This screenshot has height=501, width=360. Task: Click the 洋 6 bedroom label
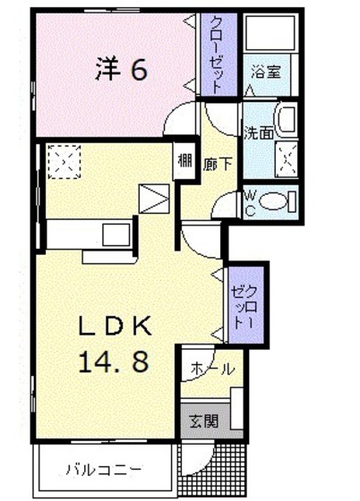pos(122,70)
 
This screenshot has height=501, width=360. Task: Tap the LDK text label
pos(116,326)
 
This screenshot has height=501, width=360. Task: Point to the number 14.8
pos(114,361)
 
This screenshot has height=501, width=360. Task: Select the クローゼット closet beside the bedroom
pos(219,55)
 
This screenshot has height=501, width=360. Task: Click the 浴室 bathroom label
pos(266,72)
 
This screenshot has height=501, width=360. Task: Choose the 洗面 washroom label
pos(258,133)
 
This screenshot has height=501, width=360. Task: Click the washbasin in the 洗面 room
pos(286,121)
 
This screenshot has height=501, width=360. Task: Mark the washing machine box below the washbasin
pos(287,158)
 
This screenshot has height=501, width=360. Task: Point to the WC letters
pos(250,202)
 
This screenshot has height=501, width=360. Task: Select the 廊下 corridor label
pos(218,164)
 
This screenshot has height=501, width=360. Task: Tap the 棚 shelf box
pos(184,161)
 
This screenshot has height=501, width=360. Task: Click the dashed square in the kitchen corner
pos(64,162)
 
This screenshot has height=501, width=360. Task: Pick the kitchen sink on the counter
pos(116,234)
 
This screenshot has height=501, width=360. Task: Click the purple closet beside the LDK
pos(246,305)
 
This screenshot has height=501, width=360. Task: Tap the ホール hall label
pos(212,369)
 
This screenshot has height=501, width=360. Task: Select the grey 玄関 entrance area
pos(205,420)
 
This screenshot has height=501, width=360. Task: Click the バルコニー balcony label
pos(104,470)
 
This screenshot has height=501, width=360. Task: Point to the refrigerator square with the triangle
pos(154,199)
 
